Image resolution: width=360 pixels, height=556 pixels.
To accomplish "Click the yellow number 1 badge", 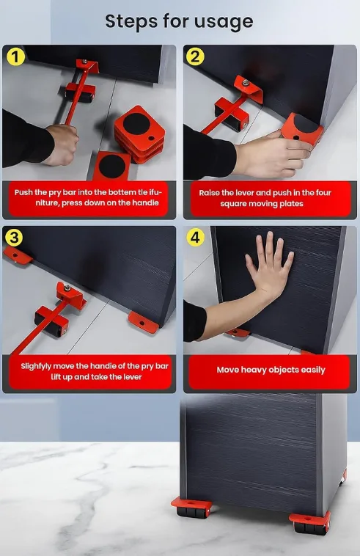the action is (15, 56).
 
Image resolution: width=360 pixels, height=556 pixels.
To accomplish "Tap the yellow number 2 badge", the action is (195, 56).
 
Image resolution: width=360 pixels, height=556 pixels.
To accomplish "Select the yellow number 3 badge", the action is (14, 237).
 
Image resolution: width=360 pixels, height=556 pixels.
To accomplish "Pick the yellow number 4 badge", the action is (195, 237).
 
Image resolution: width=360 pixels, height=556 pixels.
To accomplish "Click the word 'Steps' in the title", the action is (131, 21).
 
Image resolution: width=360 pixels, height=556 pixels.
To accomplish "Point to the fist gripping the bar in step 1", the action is (62, 145).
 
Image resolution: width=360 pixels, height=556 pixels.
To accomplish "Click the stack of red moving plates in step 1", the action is (139, 134).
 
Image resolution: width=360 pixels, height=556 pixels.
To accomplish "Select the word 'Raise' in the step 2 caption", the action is (209, 193).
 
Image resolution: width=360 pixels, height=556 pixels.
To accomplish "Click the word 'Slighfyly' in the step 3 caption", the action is (36, 366).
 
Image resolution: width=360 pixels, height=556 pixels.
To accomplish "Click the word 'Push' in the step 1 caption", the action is (22, 192).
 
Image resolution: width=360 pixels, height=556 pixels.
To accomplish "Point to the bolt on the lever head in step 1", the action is (84, 62).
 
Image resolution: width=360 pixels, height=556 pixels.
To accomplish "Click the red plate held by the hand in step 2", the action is (301, 130).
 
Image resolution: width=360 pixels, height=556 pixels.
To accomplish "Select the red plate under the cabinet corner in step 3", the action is (144, 322).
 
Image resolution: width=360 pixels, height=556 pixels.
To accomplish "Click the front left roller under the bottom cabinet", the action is (191, 508).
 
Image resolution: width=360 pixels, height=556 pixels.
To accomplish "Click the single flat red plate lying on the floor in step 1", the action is (111, 166).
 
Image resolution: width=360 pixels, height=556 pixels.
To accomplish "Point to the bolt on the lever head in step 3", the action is (67, 288).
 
